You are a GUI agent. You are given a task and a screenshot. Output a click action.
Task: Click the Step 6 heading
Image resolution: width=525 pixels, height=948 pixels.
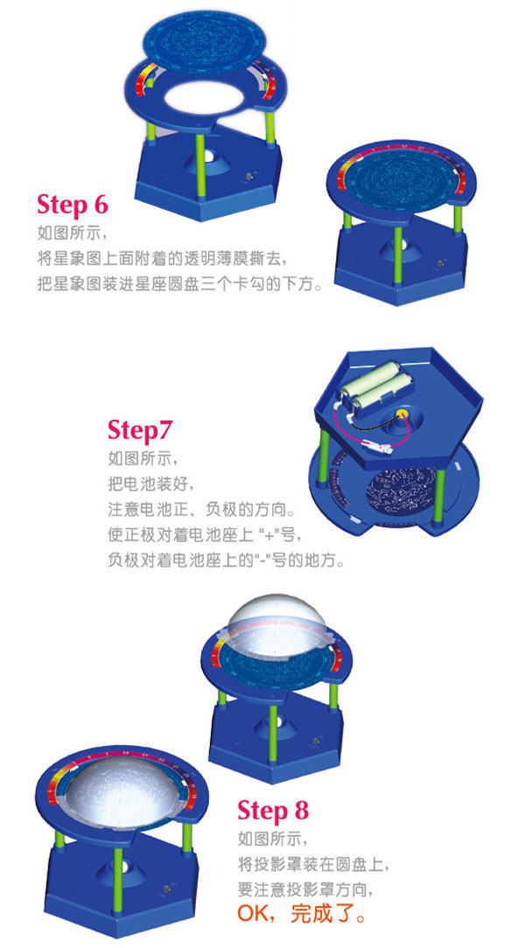tap(73, 205)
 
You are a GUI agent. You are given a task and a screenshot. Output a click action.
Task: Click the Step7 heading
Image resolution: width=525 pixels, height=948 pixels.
tap(140, 430)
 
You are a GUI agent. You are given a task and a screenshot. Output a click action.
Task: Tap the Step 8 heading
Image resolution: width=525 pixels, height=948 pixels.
tap(273, 810)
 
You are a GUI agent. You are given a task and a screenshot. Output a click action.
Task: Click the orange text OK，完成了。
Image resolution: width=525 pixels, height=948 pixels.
tap(301, 913)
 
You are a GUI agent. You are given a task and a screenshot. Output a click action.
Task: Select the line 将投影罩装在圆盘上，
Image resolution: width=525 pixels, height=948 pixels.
tap(312, 864)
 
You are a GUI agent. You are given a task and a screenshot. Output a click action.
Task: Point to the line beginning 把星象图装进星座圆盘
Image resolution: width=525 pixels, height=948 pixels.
tap(180, 284)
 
